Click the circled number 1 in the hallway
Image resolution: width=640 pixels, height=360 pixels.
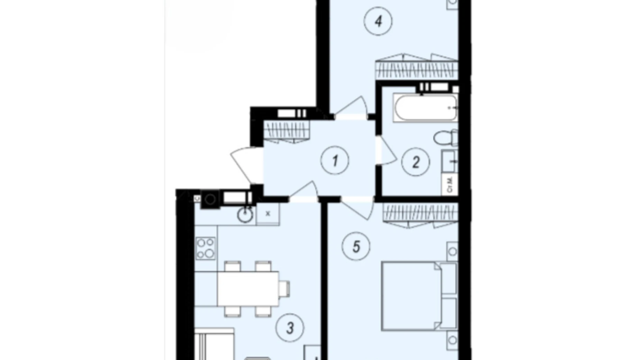point(335,161)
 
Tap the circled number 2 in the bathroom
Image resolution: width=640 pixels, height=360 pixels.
point(415,162)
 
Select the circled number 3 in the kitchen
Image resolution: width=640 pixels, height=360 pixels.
point(290,327)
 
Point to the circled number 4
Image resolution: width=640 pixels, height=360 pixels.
point(378,21)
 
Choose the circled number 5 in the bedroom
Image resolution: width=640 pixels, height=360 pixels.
point(356,247)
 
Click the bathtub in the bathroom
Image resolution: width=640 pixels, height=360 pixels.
point(426,108)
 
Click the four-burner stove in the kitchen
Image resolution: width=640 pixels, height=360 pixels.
point(205,248)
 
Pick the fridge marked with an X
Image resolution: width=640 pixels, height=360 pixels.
point(268,214)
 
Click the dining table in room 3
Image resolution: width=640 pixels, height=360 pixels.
point(248,288)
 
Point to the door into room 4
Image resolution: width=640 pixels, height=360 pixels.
point(351,107)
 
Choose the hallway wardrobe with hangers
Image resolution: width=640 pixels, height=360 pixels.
point(286,131)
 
